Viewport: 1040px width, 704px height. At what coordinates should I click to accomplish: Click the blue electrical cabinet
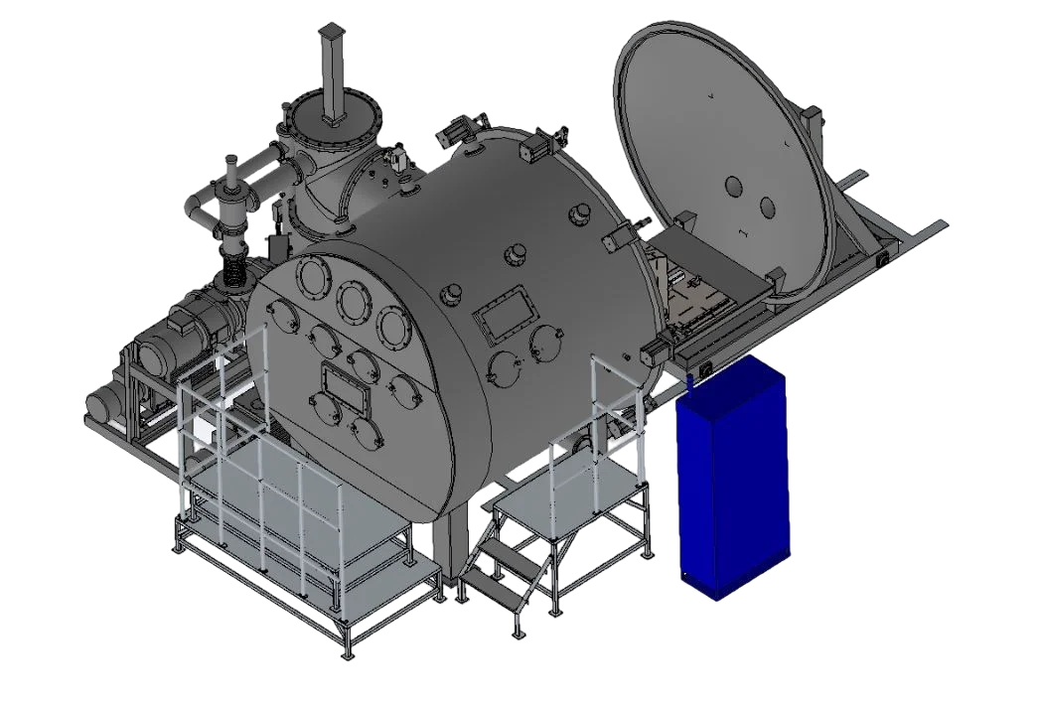point(730,482)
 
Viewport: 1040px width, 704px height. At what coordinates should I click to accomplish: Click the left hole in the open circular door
point(734,187)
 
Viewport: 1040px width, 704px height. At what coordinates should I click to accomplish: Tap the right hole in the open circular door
point(767,207)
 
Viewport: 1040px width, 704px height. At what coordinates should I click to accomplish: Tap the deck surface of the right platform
point(561,492)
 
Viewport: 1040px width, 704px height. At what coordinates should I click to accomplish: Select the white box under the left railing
point(204,429)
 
